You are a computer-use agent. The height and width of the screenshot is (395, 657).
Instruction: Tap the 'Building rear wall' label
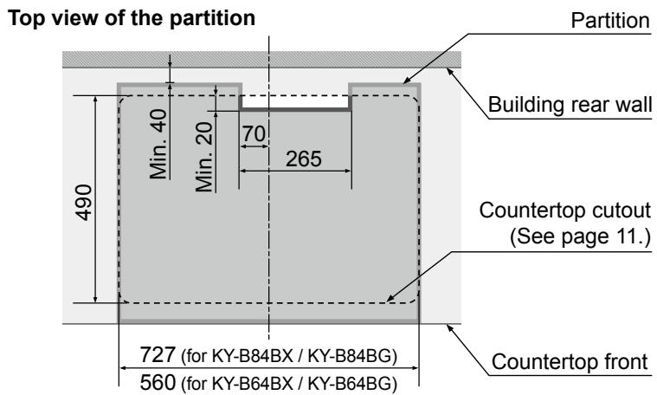pos(570,106)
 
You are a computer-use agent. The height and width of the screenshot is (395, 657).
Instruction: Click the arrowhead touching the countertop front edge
pos(450,325)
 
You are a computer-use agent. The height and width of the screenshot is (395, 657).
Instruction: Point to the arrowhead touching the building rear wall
pos(449,71)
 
